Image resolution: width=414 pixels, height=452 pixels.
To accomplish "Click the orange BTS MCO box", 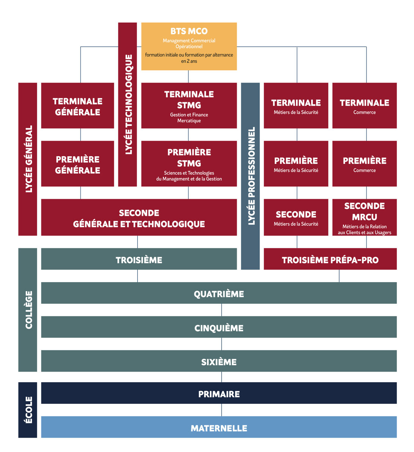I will (x=189, y=46).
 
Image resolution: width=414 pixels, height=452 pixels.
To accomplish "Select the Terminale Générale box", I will (x=77, y=106).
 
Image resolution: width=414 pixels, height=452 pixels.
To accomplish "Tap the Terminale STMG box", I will (x=189, y=106).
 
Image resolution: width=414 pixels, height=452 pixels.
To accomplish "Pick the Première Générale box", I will (x=77, y=164).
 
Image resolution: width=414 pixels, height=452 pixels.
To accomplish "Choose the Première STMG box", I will (x=189, y=164).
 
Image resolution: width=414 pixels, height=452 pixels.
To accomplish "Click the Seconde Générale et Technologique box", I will (x=139, y=218).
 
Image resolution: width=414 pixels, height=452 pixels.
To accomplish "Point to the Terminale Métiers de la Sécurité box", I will (x=296, y=106).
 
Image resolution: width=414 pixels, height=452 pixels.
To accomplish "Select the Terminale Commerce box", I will (x=364, y=106).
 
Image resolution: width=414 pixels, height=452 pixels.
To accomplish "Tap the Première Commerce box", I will (x=364, y=164).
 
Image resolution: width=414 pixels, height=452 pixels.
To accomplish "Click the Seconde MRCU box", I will (x=364, y=218).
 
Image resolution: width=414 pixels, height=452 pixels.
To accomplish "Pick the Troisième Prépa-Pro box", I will (x=330, y=259).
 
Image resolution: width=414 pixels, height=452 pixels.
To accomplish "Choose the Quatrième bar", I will (x=219, y=293).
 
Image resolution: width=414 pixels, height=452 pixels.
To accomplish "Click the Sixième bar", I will (x=219, y=361).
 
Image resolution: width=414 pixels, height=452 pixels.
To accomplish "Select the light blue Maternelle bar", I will (x=219, y=427).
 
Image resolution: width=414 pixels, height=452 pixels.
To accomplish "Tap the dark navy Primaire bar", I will (x=219, y=393).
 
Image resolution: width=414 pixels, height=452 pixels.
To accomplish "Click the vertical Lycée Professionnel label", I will (x=250, y=176).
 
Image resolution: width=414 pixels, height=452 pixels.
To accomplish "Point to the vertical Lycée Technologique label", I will (x=128, y=104).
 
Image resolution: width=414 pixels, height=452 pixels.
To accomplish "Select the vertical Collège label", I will (x=28, y=310).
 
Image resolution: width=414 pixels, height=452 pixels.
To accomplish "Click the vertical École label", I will (x=28, y=410).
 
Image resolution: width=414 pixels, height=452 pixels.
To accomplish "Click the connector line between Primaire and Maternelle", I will (x=222, y=410).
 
